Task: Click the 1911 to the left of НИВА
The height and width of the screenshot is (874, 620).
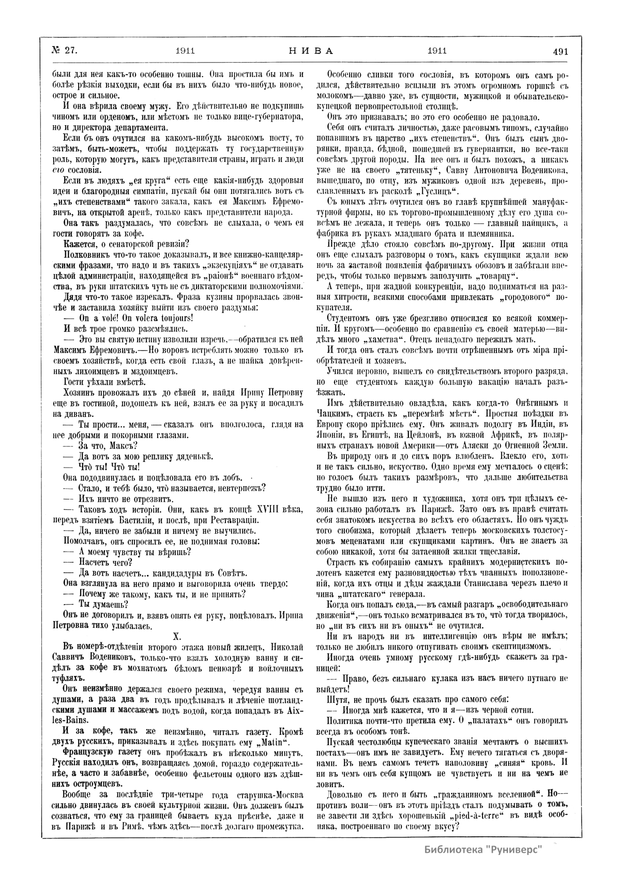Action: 185,51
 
